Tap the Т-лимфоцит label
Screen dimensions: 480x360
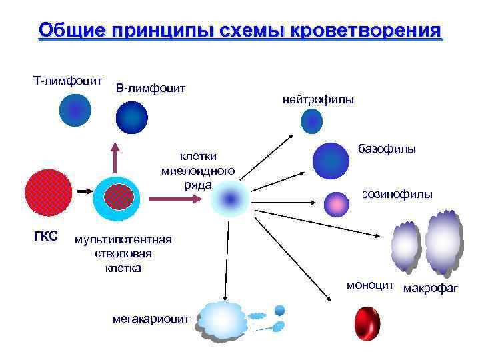tap(67, 81)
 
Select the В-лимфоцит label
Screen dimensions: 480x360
tap(151, 87)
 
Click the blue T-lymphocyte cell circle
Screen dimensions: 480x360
tap(74, 110)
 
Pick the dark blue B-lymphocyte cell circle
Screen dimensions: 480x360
tap(132, 118)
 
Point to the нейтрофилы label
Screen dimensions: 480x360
tap(319, 99)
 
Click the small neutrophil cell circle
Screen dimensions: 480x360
tap(311, 121)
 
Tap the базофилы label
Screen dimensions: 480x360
tap(387, 149)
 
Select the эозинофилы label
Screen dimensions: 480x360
tap(397, 194)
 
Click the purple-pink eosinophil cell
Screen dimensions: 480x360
tap(336, 204)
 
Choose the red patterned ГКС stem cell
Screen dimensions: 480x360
tap(48, 192)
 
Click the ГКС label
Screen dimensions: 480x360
tap(45, 237)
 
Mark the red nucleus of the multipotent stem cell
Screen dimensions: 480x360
tap(119, 196)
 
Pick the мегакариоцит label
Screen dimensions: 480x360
tap(151, 319)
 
